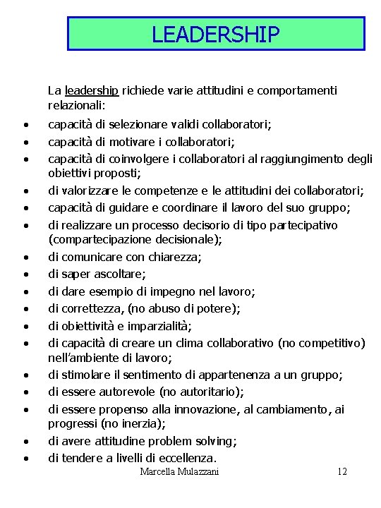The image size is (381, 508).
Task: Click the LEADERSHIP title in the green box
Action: coord(216,34)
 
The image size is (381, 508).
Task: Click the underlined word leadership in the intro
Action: coord(91,90)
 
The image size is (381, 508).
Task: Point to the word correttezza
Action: coord(90,308)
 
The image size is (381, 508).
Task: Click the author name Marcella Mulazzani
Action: coord(179,471)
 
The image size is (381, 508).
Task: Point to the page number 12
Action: coord(342,471)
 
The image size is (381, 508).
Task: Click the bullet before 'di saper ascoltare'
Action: coord(25,274)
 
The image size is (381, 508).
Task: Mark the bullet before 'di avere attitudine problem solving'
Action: coord(25,442)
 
